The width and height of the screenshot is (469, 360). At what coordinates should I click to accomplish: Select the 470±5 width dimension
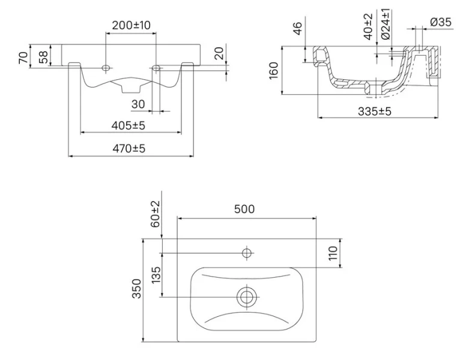131,148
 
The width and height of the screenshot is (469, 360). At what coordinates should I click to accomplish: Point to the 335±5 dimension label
374,111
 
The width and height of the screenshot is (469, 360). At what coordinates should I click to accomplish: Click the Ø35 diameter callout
441,23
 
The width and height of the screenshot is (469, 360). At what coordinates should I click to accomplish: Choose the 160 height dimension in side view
274,70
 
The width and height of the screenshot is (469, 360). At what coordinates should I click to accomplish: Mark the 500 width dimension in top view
244,209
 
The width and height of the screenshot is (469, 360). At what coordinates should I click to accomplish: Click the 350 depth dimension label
136,290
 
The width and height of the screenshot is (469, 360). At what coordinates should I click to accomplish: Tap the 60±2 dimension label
155,214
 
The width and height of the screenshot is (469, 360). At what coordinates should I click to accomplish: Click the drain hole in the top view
246,296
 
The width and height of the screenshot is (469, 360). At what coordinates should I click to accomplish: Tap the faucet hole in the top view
246,253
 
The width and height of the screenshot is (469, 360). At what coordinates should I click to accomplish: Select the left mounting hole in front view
107,66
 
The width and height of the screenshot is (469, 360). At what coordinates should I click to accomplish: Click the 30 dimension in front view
139,104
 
